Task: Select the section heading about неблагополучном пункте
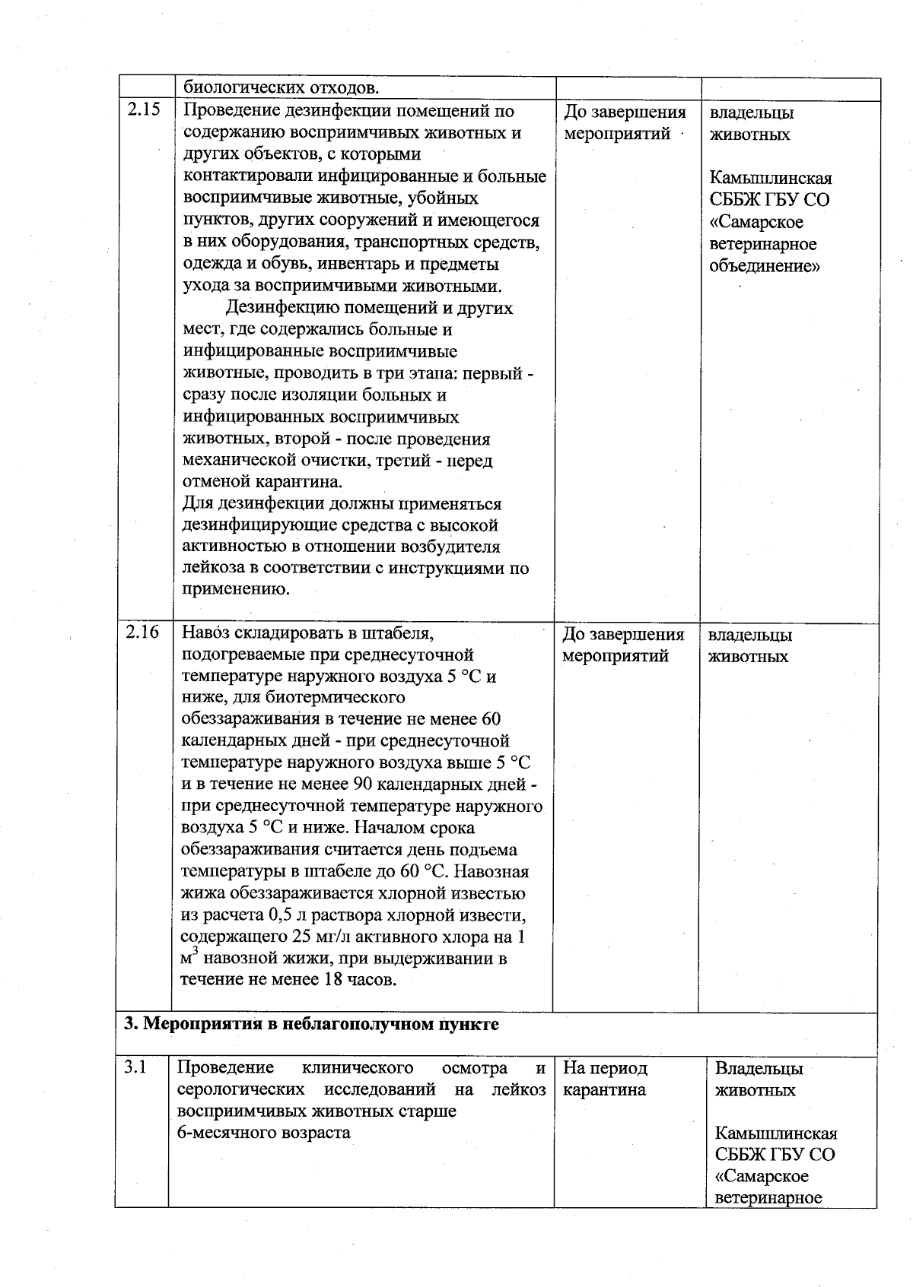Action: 311,1023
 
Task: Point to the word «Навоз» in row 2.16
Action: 205,632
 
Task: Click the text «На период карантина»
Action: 605,1079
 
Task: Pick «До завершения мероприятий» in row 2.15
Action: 624,123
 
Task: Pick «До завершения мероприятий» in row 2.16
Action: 623,645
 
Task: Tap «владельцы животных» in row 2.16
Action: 749,645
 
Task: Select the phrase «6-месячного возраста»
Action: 263,1132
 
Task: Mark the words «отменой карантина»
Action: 262,482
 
